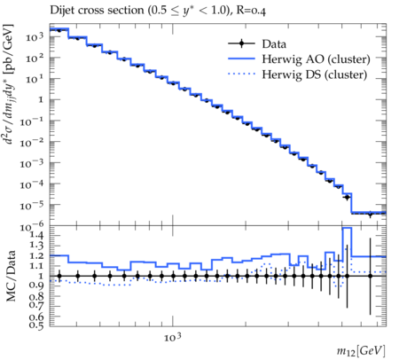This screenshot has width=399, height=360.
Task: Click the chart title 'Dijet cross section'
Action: click(x=97, y=10)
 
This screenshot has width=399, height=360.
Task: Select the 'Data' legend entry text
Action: click(x=274, y=44)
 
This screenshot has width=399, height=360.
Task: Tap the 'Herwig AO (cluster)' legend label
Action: click(x=316, y=59)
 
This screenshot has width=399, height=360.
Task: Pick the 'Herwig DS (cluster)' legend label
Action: click(x=315, y=74)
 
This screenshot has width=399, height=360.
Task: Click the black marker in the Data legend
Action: click(x=241, y=43)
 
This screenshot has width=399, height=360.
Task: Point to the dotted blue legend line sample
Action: click(x=241, y=74)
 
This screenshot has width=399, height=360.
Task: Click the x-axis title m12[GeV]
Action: click(x=361, y=351)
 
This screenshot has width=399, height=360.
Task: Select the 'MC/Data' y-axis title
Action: click(x=11, y=276)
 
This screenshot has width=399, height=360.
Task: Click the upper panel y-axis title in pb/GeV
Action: click(x=10, y=84)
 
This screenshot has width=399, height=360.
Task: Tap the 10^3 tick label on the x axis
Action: click(x=172, y=337)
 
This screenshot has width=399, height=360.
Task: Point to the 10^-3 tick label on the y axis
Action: click(x=32, y=162)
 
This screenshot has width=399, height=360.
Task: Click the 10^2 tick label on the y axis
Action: click(x=35, y=58)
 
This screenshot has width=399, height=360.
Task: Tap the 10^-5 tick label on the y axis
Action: click(x=32, y=205)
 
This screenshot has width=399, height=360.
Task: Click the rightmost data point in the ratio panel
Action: click(x=370, y=276)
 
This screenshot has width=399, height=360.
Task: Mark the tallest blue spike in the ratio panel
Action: click(x=347, y=228)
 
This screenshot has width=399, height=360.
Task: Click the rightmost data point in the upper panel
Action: click(x=370, y=214)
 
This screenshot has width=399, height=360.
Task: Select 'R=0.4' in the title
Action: click(x=251, y=11)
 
